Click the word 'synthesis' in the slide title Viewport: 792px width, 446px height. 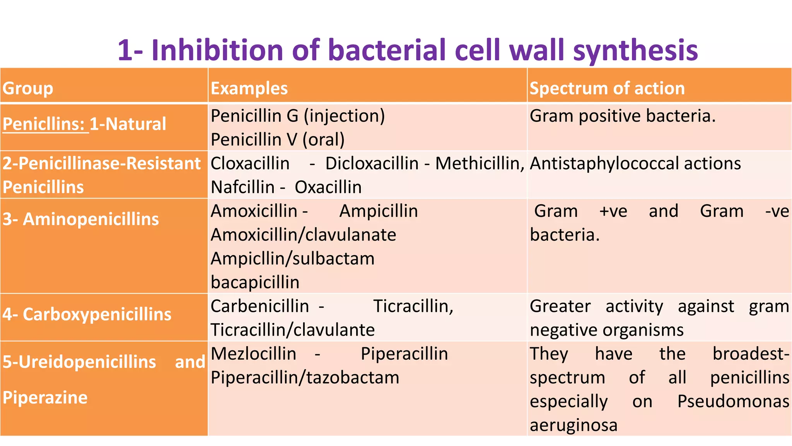635,51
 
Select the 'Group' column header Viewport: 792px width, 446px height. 27,88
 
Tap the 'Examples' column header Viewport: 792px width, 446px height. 249,88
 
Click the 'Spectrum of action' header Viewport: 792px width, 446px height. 607,88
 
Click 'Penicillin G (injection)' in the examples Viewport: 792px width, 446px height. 297,116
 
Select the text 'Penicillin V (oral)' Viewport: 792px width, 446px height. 277,139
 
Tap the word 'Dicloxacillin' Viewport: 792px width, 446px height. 372,163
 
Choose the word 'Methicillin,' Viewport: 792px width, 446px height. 480,163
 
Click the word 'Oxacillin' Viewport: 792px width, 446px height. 328,187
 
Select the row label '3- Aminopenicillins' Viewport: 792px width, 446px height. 80,219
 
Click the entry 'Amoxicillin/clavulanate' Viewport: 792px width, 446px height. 303,235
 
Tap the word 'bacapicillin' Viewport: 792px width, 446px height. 255,282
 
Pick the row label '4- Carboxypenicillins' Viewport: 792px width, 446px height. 87,314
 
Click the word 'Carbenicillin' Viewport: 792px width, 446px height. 259,306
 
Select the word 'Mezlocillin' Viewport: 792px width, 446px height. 253,354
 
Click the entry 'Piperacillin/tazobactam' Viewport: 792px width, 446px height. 305,377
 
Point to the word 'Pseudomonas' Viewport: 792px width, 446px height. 733,401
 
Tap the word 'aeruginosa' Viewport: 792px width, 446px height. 573,425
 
